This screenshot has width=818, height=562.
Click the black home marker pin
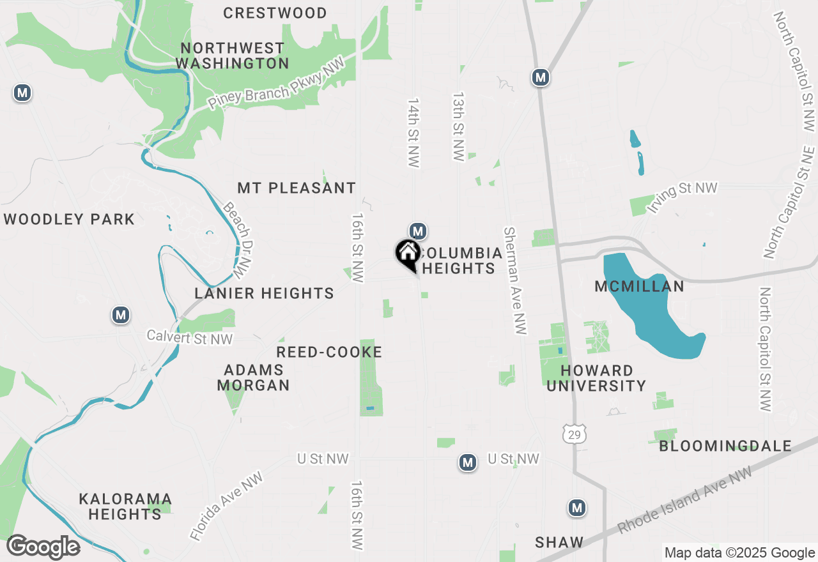[x=408, y=254]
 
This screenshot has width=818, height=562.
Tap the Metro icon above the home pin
[x=417, y=231]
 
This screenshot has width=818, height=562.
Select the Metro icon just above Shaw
[x=577, y=508]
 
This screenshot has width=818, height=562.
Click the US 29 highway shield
[x=573, y=435]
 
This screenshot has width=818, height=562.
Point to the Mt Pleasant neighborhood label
[x=297, y=188]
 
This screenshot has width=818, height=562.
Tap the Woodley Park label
[x=69, y=220]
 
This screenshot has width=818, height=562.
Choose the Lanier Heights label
[x=265, y=293]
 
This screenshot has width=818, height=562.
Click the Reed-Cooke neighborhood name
[x=329, y=352]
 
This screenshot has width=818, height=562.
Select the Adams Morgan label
[x=254, y=377]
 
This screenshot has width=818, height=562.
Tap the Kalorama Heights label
[x=125, y=506]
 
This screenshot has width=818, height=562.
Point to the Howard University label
[x=597, y=378]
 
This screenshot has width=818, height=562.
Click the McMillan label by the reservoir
[x=639, y=286]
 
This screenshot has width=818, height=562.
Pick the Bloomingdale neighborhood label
[x=725, y=446]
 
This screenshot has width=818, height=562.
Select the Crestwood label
[x=275, y=13]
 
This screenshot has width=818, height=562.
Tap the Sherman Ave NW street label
[x=514, y=281]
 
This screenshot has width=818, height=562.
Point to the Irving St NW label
[x=683, y=196]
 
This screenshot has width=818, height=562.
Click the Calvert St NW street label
[x=190, y=337]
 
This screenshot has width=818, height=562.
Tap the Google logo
[x=43, y=547]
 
